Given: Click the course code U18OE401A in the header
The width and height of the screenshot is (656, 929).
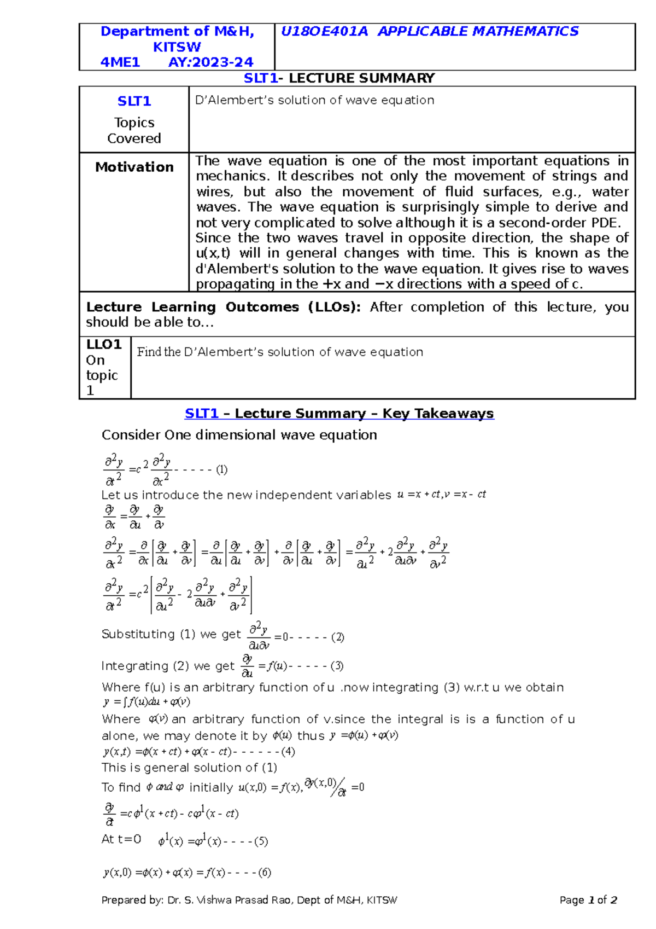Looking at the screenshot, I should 324,32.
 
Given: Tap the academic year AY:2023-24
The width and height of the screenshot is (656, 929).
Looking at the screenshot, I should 210,62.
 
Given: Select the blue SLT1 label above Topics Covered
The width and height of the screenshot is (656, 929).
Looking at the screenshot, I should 134,101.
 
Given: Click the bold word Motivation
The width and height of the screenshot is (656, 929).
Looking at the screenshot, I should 134,167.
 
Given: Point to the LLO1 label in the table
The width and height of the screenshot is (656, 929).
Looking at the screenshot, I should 103,345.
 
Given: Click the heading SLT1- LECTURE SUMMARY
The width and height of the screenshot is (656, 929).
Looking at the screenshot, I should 339,78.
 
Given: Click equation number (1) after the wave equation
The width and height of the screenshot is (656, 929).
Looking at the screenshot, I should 221,469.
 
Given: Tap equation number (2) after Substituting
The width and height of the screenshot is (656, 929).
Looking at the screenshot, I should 338,637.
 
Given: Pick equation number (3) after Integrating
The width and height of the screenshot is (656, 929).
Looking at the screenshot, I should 337,666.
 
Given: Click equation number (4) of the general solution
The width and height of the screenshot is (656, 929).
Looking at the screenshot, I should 288,752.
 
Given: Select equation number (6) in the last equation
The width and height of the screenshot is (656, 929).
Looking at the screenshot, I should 265,872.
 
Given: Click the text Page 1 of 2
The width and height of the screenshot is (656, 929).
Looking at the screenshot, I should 588,900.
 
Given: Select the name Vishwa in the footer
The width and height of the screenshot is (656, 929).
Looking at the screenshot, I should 215,900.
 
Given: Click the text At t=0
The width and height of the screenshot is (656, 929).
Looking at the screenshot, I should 121,839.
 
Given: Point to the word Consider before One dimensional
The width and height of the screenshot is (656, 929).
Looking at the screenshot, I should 131,435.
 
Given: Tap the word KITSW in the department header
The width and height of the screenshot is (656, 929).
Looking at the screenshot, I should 177,47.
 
